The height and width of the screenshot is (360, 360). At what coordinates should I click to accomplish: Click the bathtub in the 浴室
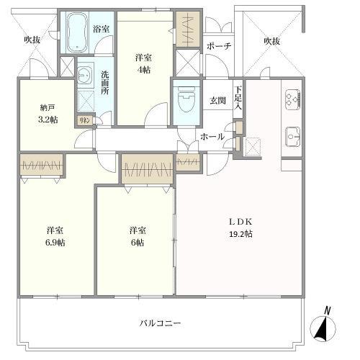[76, 32]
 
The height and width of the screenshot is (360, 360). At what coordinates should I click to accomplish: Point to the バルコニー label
[161, 323]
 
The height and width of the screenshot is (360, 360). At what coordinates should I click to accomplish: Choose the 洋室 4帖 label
[144, 63]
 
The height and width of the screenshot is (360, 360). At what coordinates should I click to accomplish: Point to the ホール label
[212, 137]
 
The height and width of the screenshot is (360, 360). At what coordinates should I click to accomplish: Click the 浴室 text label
[102, 30]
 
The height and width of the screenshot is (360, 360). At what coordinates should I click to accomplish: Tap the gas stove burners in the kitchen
[292, 99]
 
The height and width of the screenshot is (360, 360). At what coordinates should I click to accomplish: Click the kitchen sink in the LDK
[293, 135]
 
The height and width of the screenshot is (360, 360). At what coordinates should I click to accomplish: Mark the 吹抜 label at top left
[32, 40]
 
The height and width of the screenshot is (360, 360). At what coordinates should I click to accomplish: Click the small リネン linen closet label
[84, 120]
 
